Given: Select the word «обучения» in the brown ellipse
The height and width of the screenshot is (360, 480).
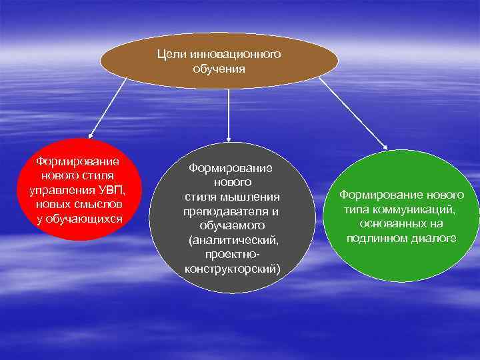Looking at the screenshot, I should [x=219, y=68].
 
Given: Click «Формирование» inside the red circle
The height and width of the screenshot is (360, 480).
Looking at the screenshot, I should [x=78, y=161].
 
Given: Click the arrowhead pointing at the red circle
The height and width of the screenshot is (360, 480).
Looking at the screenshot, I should [x=91, y=136].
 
